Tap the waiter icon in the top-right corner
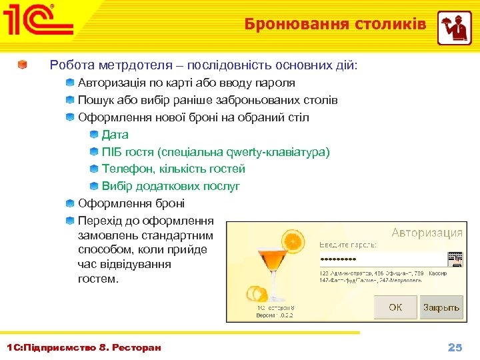point(454,27)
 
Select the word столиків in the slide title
point(394,25)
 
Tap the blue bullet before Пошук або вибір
point(70,100)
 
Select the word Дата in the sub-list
point(115,135)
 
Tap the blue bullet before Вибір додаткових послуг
point(94,186)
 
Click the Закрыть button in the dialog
point(441,307)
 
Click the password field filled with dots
point(381,259)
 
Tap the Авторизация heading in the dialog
point(427,233)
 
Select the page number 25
point(455,347)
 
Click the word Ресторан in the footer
point(137,348)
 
